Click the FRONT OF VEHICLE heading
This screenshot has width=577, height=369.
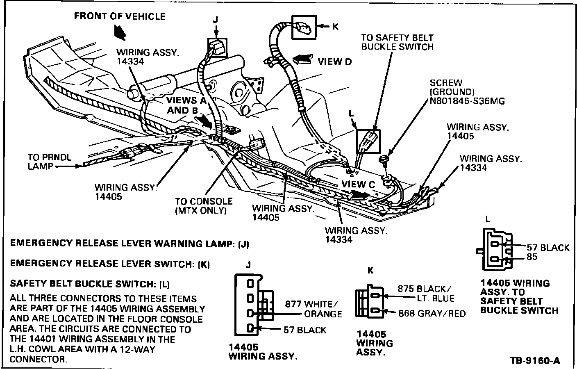coord(120,17)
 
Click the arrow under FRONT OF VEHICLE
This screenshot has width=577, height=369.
coord(120,32)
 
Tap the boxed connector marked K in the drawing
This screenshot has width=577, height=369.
coord(304,27)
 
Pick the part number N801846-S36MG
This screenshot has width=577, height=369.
coord(467,101)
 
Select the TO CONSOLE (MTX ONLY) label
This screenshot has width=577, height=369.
coord(204,206)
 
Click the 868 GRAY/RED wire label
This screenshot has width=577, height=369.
coord(432,314)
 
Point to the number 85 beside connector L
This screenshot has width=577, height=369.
coord(532,257)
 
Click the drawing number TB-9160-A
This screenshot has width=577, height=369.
coord(535,361)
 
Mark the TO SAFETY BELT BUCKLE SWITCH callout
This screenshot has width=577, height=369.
coord(397,42)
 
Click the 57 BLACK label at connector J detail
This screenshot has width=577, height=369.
coord(305,330)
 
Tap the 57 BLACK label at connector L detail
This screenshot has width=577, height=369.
coord(547,248)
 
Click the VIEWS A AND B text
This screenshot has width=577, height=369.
coord(182,105)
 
